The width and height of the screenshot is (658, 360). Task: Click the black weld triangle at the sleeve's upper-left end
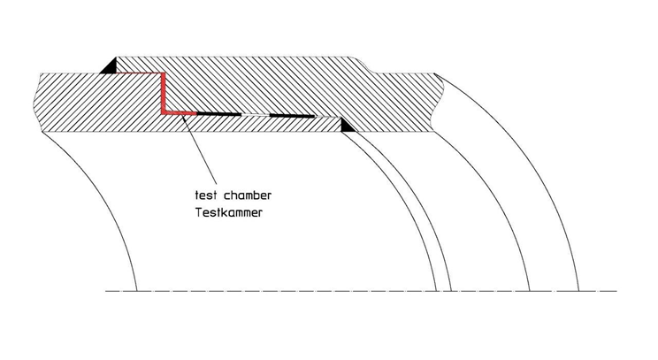109,66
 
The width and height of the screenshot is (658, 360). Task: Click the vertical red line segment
164,93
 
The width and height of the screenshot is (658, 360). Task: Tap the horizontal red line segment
180,113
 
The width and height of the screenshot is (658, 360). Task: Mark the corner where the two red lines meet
164,112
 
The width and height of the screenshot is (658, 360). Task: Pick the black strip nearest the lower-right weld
292,116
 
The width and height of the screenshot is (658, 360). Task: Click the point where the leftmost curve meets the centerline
137,290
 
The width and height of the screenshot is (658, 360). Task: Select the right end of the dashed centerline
614,290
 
